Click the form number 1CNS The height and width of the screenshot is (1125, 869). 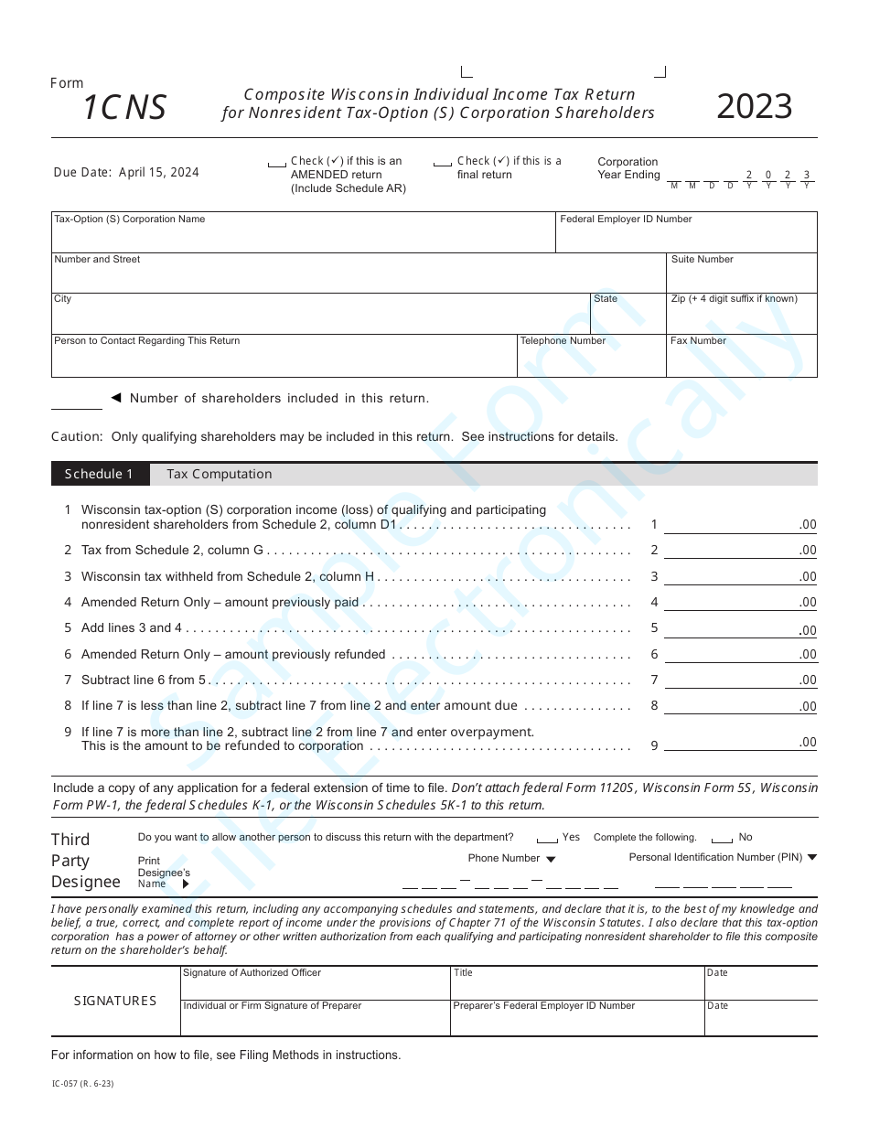[x=124, y=108]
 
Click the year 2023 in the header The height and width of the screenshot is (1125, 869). [x=754, y=107]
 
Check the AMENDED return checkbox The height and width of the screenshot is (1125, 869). [x=276, y=164]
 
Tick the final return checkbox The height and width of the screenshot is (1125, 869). [x=443, y=164]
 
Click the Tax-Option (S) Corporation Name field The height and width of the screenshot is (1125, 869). [x=302, y=237]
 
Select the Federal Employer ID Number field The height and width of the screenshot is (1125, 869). [x=686, y=237]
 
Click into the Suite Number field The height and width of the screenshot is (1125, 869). [x=742, y=277]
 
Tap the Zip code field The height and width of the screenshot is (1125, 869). [x=742, y=317]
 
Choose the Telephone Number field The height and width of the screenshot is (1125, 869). [x=591, y=359]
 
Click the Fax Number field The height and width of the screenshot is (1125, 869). [x=742, y=359]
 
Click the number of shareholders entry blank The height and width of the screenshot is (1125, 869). [x=77, y=401]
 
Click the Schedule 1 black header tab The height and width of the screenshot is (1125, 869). [x=99, y=474]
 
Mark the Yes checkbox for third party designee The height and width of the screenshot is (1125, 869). [x=547, y=839]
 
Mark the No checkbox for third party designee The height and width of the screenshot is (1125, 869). [x=722, y=839]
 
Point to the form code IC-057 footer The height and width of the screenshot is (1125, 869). [x=83, y=1084]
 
